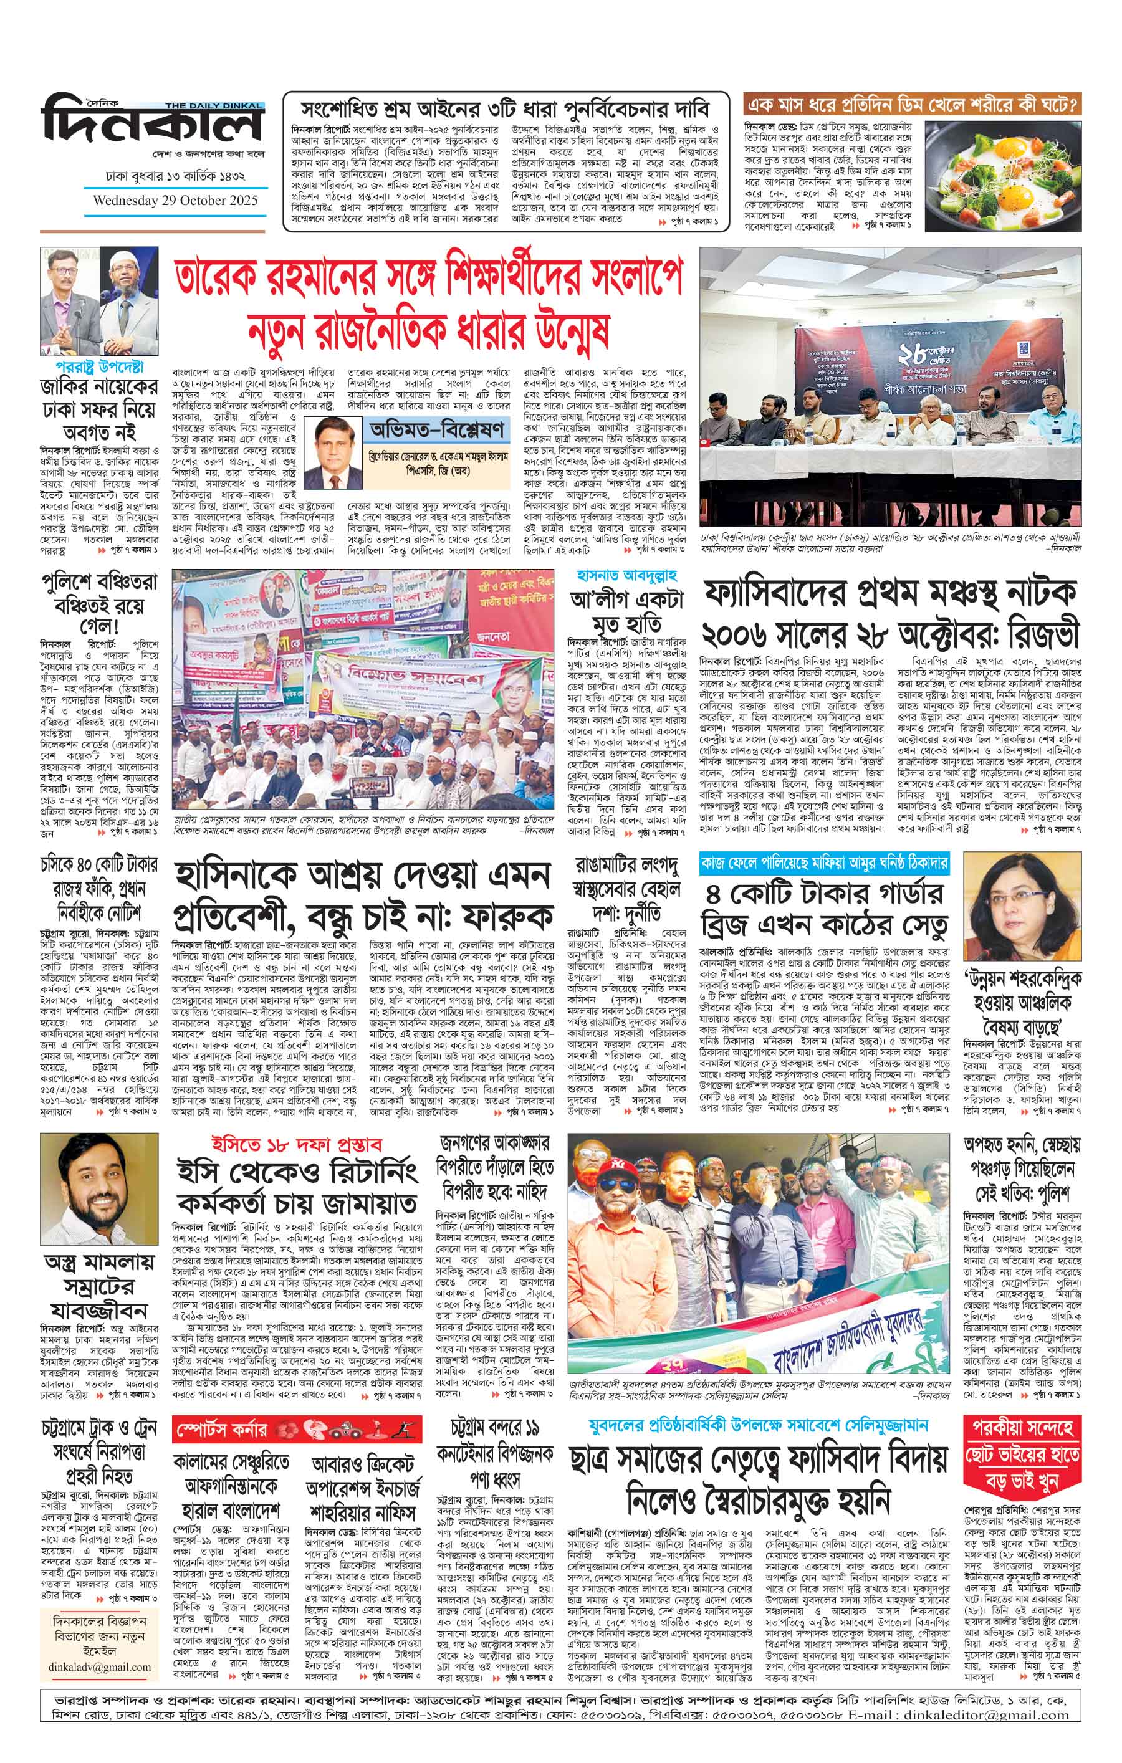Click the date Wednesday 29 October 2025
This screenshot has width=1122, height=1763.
pyautogui.click(x=176, y=200)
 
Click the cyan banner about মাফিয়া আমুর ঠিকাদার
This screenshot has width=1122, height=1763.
pyautogui.click(x=824, y=862)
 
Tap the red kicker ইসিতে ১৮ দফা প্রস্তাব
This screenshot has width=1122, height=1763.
pyautogui.click(x=296, y=1144)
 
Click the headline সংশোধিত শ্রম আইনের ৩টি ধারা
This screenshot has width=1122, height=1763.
pyautogui.click(x=506, y=110)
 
